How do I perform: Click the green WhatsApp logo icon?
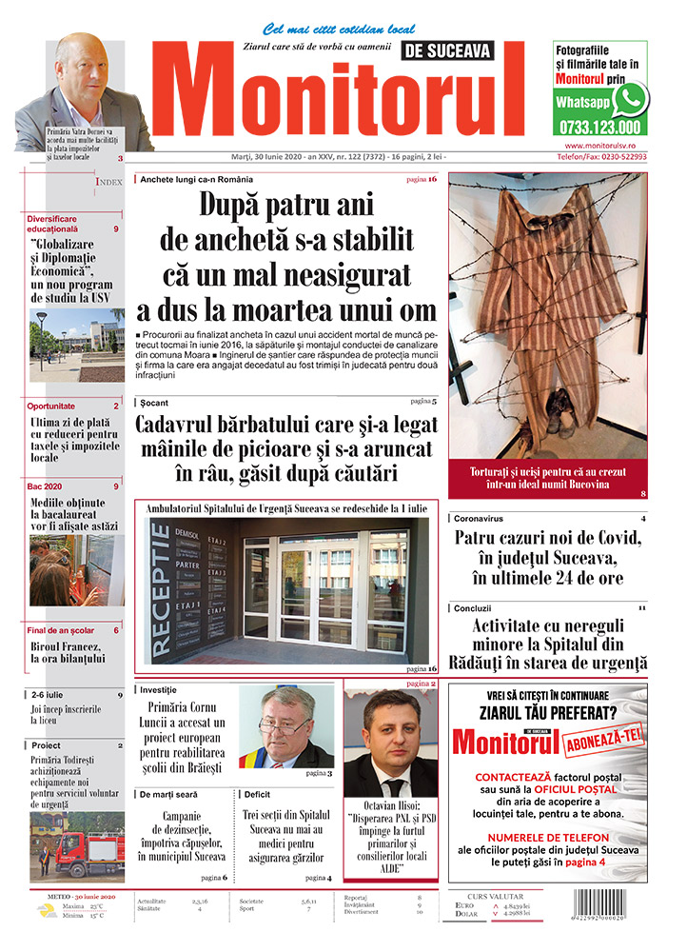629,99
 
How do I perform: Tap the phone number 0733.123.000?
596,127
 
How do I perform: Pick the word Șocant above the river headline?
153,403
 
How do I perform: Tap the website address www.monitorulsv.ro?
599,145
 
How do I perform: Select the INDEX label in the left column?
108,182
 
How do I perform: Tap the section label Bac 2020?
49,486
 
